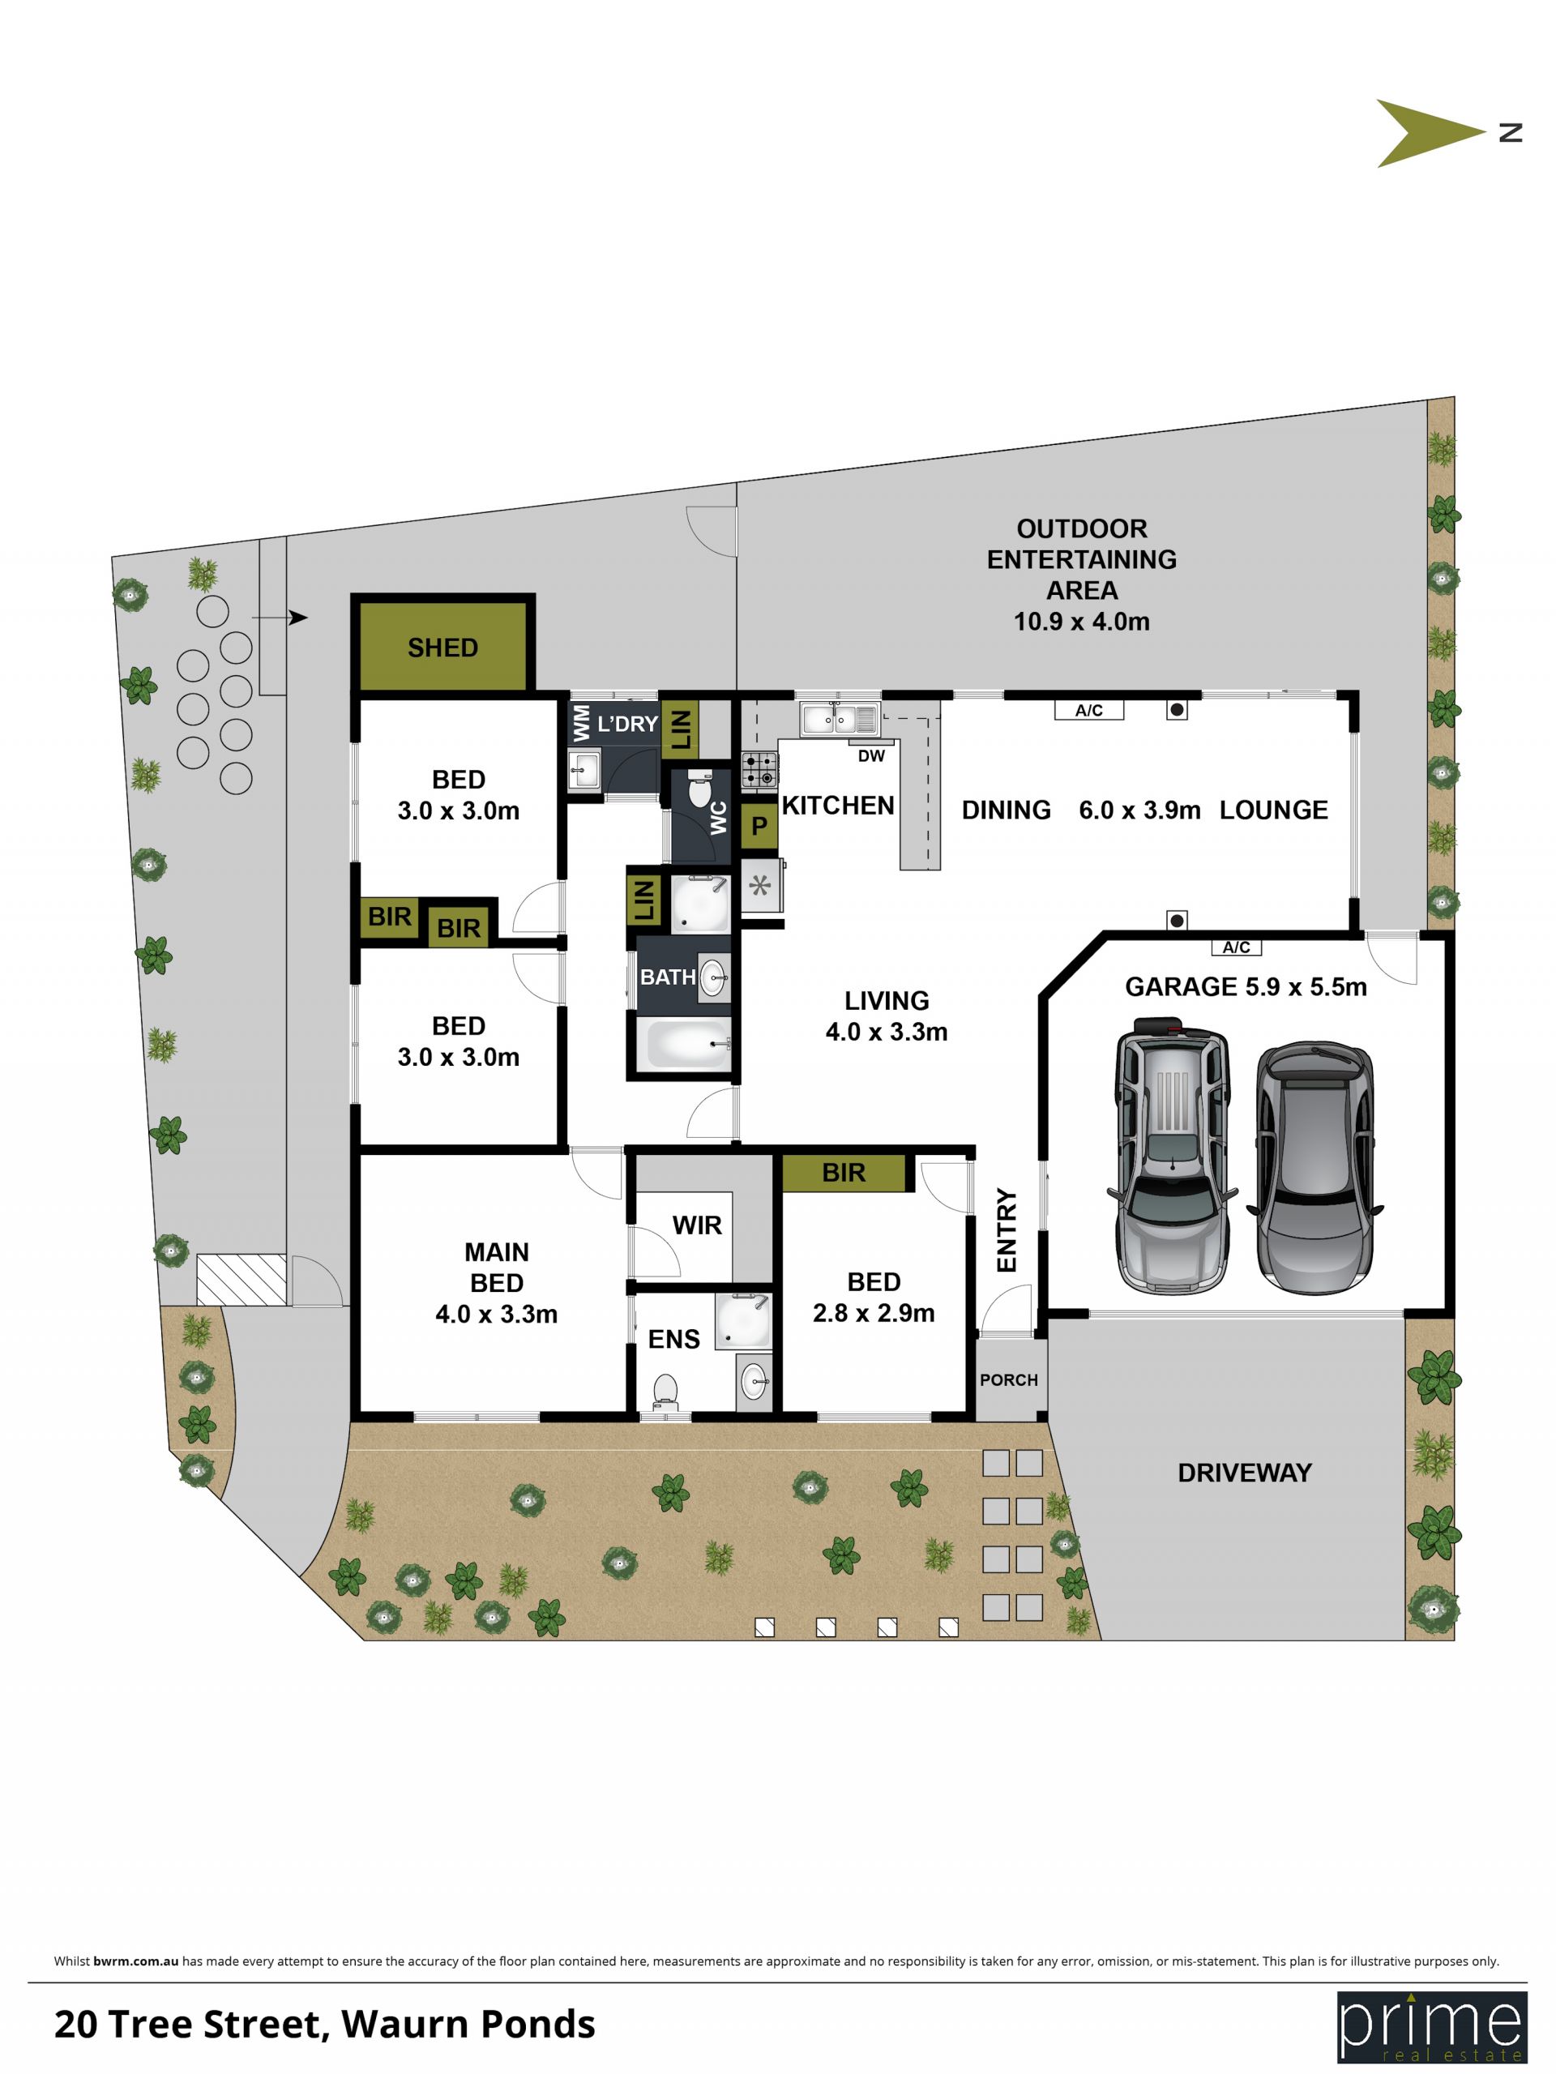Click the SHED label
(442, 648)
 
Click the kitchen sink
(839, 719)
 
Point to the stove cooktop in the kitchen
(760, 770)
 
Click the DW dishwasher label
(871, 755)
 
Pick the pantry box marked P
(759, 826)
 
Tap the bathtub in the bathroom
(684, 1046)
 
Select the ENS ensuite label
(674, 1339)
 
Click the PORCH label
(1009, 1380)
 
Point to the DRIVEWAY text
(1245, 1473)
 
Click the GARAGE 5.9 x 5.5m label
(1246, 986)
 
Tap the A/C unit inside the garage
(1237, 947)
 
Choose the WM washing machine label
(582, 723)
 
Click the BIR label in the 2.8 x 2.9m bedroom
(844, 1173)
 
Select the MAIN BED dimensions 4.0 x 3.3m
(496, 1314)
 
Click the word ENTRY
(1007, 1230)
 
